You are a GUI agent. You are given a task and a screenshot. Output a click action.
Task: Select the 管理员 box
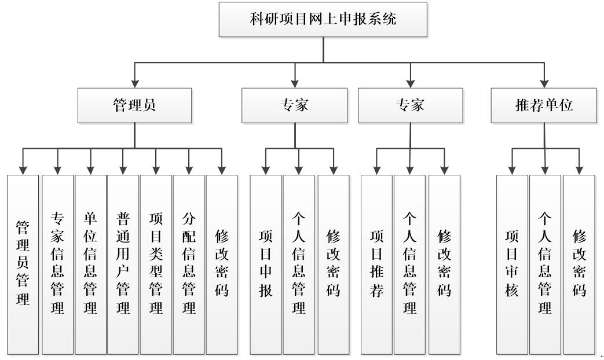(x=134, y=105)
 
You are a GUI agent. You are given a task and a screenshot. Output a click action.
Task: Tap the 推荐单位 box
(x=543, y=105)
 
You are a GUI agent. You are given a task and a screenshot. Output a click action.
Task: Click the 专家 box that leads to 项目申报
(x=294, y=105)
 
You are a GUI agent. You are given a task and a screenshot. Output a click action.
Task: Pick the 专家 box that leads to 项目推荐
(x=410, y=105)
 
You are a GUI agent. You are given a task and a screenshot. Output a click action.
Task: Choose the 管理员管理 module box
(x=23, y=264)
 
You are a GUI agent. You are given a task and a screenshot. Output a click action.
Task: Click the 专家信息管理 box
(x=57, y=264)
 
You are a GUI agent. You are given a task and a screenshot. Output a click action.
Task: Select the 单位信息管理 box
(x=90, y=264)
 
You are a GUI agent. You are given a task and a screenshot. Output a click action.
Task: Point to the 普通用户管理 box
(x=123, y=264)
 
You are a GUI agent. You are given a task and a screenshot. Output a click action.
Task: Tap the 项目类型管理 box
(x=156, y=264)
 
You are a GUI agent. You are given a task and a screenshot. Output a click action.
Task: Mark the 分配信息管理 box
(x=189, y=264)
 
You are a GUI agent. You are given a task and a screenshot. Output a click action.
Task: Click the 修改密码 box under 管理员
(x=222, y=264)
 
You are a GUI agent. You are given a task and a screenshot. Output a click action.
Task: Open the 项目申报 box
(x=265, y=264)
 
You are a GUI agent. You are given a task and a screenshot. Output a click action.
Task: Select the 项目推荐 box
(x=376, y=264)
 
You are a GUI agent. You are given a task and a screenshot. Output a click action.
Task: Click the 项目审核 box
(x=512, y=264)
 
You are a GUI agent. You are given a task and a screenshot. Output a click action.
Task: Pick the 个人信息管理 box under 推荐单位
(x=545, y=264)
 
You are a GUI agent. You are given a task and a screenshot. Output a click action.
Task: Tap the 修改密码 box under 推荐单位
(x=579, y=264)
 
